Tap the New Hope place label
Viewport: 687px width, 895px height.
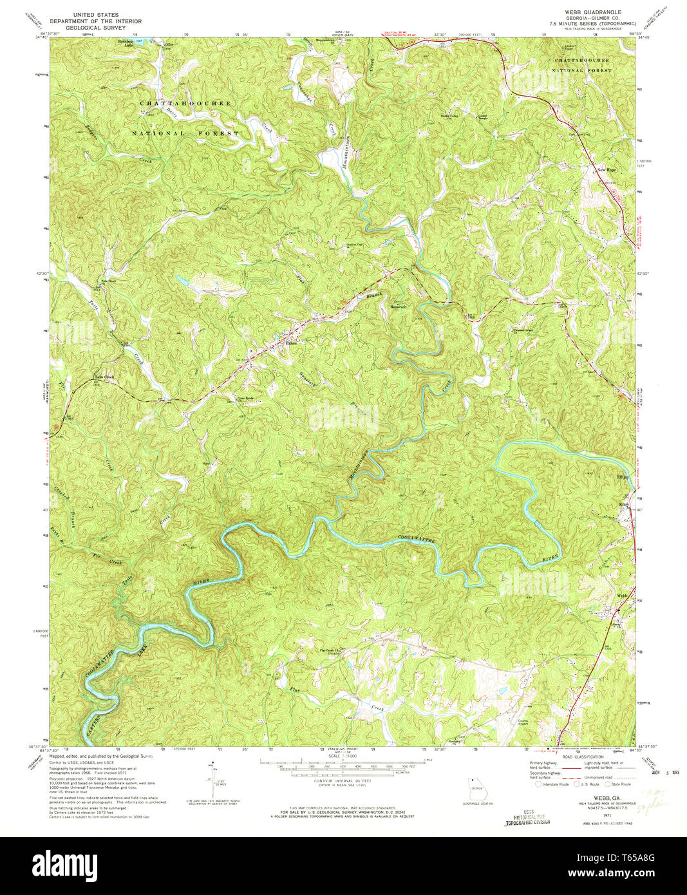click(607, 169)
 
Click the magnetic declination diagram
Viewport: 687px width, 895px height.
click(212, 780)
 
